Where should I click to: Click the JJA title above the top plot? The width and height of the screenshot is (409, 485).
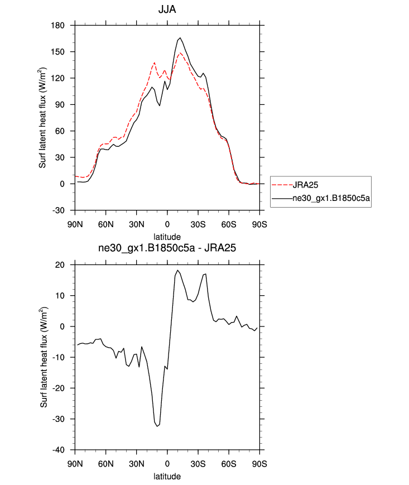coord(167,10)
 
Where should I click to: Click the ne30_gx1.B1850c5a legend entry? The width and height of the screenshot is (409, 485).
coord(333,198)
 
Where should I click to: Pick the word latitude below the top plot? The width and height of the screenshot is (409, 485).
coord(167,237)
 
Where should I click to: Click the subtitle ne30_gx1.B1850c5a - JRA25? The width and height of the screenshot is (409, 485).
coord(167,250)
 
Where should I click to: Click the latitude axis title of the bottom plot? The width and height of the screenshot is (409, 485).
coord(167,477)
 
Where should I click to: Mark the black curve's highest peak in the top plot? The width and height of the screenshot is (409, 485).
coord(180,38)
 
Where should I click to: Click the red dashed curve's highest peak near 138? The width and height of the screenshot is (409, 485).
coord(155,63)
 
